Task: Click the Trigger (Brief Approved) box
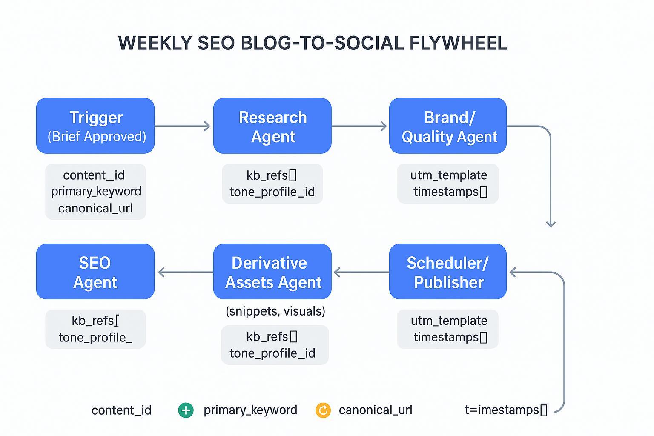[x=95, y=126]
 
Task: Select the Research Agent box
[x=272, y=126]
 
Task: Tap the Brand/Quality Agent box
[x=448, y=126]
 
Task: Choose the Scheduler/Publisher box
[x=448, y=272]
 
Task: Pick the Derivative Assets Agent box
[x=272, y=272]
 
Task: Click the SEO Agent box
[x=95, y=272]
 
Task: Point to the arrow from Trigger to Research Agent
[x=182, y=126]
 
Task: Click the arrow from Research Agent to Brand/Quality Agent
[x=359, y=126]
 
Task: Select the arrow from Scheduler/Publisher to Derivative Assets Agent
[x=361, y=272]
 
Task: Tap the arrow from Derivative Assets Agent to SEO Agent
[x=185, y=272]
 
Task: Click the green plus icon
[x=186, y=410]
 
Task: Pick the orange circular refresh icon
[x=323, y=410]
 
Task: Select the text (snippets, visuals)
[x=275, y=311]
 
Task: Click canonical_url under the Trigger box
[x=95, y=208]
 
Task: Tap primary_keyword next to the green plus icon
[x=250, y=410]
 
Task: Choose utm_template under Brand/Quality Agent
[x=449, y=175]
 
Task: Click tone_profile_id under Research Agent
[x=272, y=192]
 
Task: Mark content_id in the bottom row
[x=121, y=410]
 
